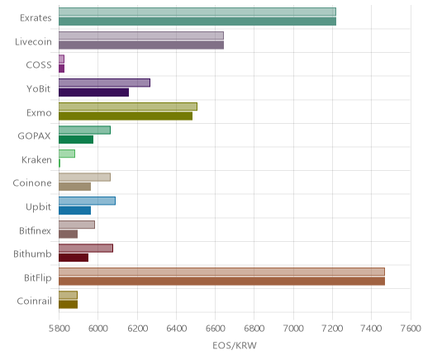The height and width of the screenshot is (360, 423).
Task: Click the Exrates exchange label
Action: click(x=36, y=18)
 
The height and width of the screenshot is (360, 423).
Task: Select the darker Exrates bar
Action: click(x=197, y=21)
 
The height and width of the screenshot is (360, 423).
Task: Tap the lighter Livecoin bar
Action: click(x=141, y=36)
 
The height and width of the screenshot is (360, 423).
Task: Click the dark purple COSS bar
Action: click(x=61, y=69)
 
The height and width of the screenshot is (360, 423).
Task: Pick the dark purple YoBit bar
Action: click(x=93, y=92)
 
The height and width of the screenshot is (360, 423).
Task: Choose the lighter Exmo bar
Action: click(x=128, y=107)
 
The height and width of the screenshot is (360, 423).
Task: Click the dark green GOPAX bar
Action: click(x=76, y=140)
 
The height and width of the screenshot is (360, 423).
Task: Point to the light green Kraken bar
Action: click(x=67, y=154)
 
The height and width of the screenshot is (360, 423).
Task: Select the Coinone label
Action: click(x=32, y=183)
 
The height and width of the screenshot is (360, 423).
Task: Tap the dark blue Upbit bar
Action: click(x=74, y=211)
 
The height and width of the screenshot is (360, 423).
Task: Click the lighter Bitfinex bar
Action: click(x=77, y=225)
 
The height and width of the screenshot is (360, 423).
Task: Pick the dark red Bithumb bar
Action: click(x=74, y=258)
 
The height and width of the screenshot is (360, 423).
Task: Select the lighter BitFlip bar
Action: click(x=221, y=272)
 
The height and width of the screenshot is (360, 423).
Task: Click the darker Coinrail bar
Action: click(x=68, y=305)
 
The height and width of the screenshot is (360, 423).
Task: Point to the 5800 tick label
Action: click(x=59, y=329)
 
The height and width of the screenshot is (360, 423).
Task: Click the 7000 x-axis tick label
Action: click(x=293, y=329)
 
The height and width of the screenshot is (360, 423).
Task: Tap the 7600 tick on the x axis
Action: click(x=411, y=329)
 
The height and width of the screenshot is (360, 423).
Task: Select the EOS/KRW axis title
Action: click(x=235, y=345)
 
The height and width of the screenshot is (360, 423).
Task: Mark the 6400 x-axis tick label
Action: click(x=177, y=329)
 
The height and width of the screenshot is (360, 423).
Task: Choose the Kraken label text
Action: click(x=36, y=160)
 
